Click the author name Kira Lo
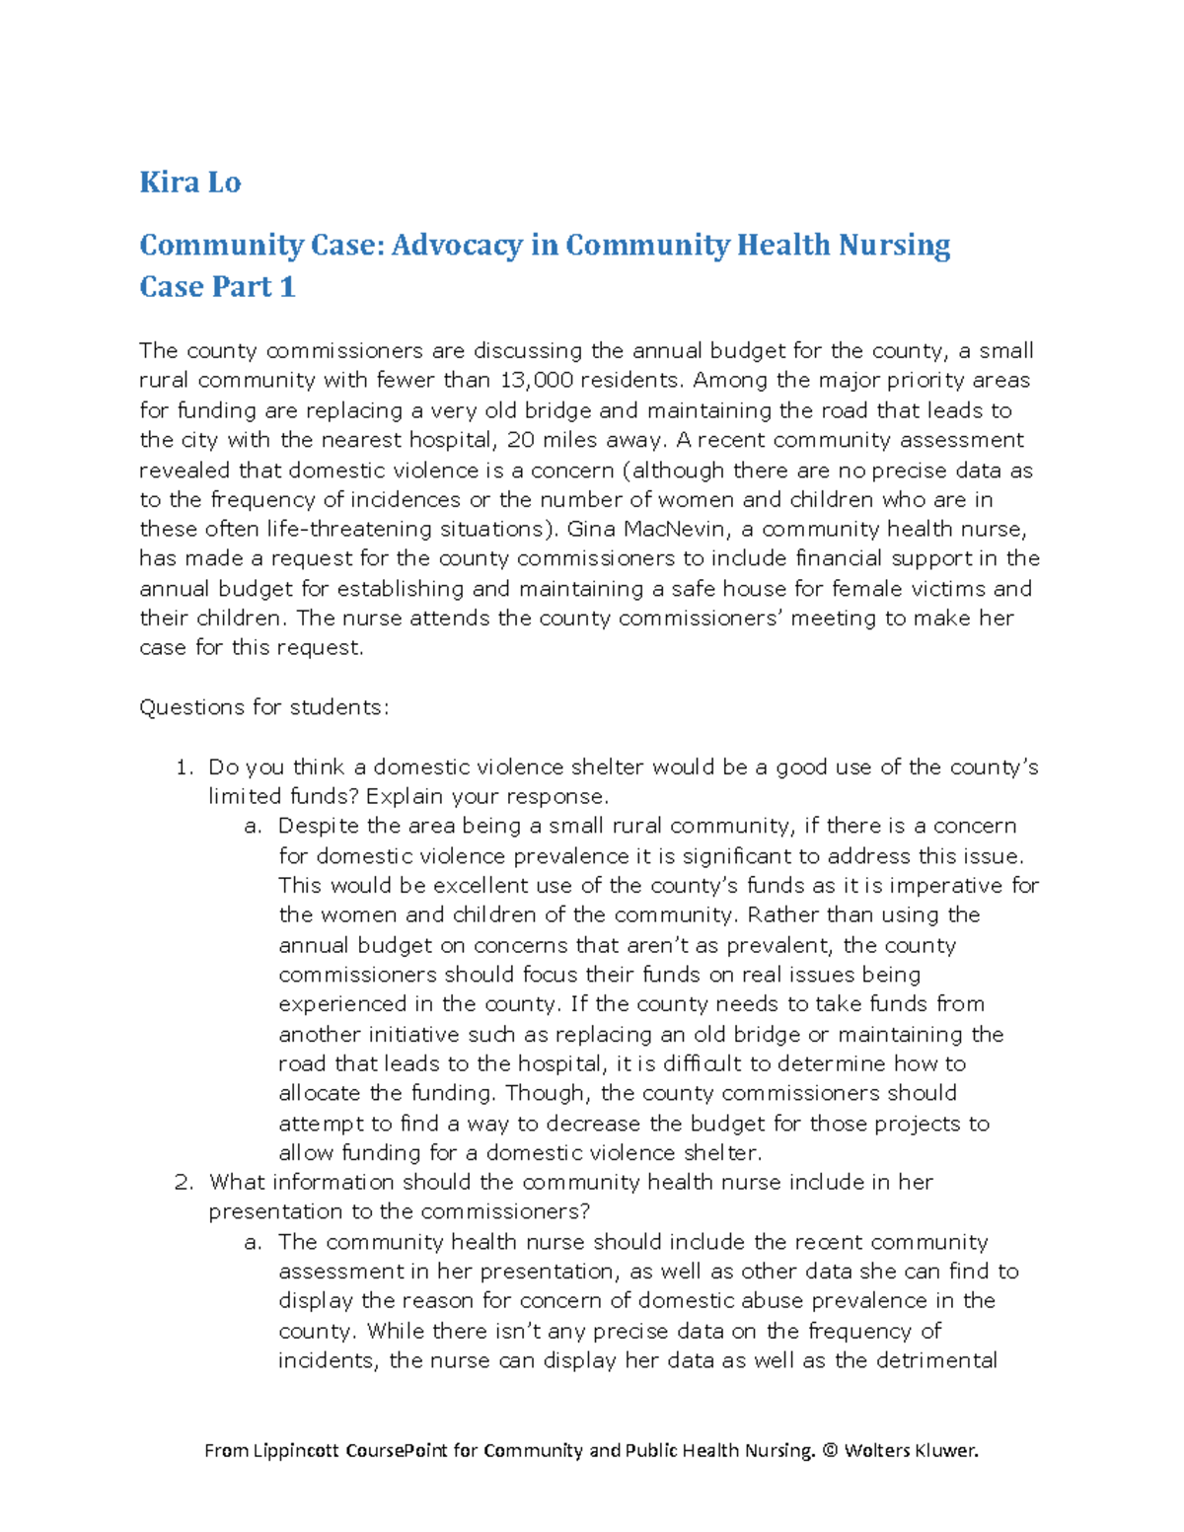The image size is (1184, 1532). click(189, 182)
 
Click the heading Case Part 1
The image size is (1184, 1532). click(217, 287)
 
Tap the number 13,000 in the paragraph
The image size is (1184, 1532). click(537, 381)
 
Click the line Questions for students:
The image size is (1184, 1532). click(263, 707)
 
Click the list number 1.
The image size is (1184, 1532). click(183, 767)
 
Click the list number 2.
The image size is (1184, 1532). click(183, 1182)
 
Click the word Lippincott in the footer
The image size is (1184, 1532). click(298, 1450)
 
